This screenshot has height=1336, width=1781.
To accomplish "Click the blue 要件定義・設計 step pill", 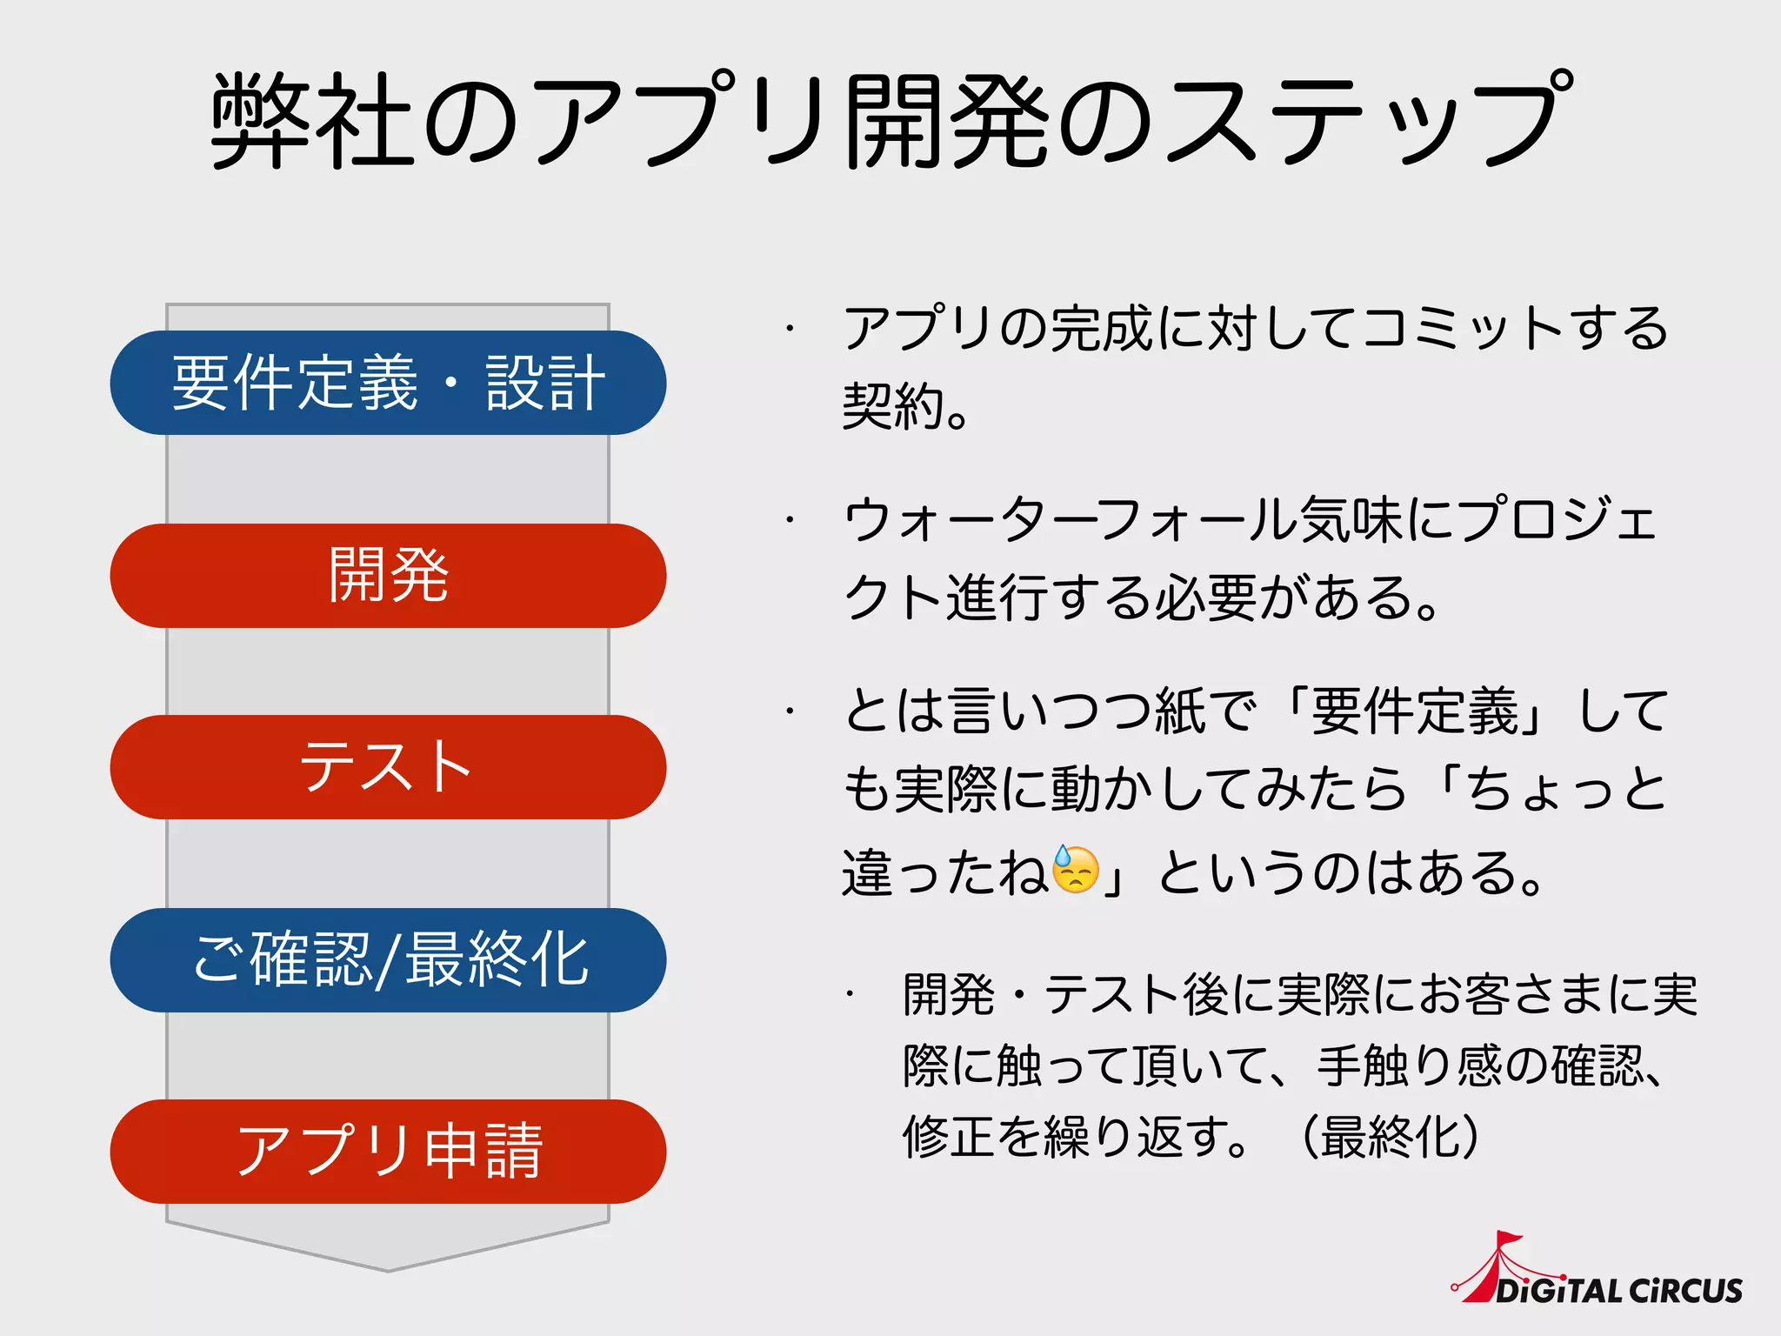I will (388, 383).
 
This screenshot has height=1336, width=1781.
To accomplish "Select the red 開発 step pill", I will (388, 576).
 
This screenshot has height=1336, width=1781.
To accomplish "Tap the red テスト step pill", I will (388, 767).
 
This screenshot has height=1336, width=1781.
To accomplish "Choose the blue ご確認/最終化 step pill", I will (388, 960).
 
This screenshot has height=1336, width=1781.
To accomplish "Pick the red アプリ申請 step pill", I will (388, 1152).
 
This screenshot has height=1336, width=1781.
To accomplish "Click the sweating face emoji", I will (1076, 870).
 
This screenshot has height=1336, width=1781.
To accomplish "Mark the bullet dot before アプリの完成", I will (790, 329).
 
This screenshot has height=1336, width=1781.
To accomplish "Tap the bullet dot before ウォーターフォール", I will (790, 520).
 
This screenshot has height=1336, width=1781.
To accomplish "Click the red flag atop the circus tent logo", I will (1508, 1239).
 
